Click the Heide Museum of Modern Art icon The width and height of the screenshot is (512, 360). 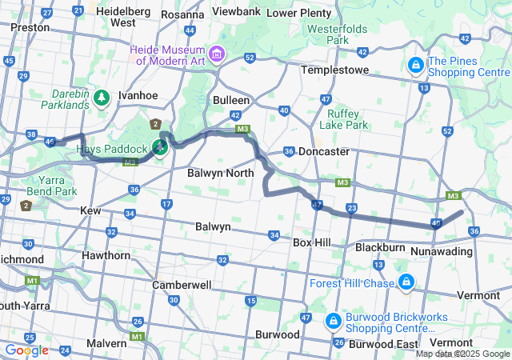click(x=217, y=54)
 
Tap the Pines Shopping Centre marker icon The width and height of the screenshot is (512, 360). click(x=416, y=65)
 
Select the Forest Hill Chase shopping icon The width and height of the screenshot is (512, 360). click(x=406, y=282)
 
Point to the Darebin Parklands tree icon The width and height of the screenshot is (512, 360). click(x=101, y=97)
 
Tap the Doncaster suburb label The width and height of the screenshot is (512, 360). click(x=323, y=151)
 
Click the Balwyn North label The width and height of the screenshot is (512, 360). click(x=220, y=173)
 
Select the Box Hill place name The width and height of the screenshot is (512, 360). click(x=312, y=242)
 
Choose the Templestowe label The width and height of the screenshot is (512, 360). click(x=334, y=70)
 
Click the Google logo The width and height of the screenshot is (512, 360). click(x=26, y=350)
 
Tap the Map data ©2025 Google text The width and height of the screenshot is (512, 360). click(x=462, y=354)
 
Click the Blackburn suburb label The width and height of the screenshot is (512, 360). click(x=380, y=248)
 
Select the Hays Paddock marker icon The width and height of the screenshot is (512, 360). click(x=161, y=146)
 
